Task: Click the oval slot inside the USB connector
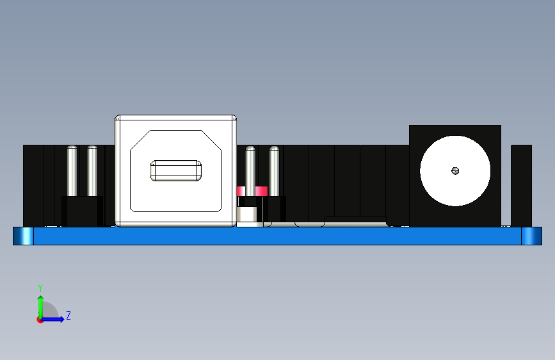(176, 170)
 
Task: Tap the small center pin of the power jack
(455, 170)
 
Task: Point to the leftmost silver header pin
(72, 170)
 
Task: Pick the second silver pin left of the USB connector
(92, 170)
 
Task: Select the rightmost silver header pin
(275, 170)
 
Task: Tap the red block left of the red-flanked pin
(241, 191)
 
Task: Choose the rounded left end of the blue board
(24, 236)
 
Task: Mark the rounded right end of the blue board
(531, 236)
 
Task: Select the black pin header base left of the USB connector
(82, 211)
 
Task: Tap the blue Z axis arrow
(56, 318)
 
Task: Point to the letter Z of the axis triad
(68, 316)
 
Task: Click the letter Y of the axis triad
(40, 288)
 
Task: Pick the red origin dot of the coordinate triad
(40, 320)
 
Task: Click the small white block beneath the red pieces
(250, 217)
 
